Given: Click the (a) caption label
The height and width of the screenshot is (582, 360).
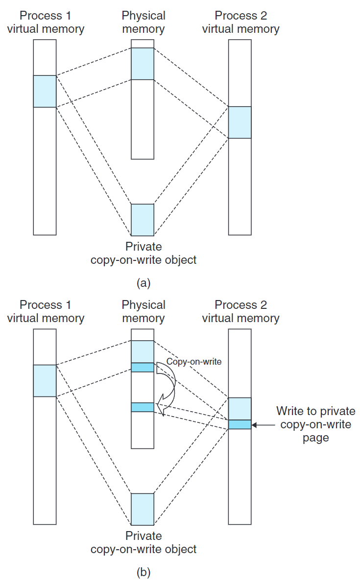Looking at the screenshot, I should coord(144,282).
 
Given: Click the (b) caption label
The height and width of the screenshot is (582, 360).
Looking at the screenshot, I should coord(144,572).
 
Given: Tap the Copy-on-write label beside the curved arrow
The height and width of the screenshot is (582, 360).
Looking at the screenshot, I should coord(194,362).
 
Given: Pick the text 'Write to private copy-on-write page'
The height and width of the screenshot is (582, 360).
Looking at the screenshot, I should coord(315,424).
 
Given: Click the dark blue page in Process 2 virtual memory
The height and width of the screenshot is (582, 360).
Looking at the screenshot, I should coord(240,424).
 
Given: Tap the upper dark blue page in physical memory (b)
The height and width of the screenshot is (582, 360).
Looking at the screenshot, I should coord(143,367).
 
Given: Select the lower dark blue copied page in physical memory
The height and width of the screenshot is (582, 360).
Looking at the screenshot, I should coord(143,407).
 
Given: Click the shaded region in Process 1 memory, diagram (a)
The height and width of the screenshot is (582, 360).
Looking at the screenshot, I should coord(45,91).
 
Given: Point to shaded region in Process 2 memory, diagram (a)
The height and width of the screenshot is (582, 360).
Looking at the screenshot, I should coord(240,122).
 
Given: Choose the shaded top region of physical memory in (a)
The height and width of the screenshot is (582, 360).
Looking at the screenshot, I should coord(143,64).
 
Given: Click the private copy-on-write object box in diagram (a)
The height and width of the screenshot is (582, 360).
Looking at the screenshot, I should coord(143,220).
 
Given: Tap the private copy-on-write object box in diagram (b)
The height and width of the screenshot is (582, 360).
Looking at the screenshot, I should coord(143,509).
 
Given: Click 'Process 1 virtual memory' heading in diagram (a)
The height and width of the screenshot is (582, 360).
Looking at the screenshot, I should coord(45,22).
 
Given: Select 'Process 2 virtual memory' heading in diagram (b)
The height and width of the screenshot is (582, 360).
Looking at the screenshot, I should coord(240,311).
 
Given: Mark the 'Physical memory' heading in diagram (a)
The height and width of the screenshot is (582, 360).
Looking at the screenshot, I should coord(144,22).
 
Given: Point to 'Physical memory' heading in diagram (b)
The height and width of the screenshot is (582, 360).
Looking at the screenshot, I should coord(144,311).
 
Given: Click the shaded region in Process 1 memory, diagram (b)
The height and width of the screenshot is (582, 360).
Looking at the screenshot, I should coord(45,380).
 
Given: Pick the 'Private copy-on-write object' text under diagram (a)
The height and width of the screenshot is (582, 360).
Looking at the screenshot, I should coord(144,253).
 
